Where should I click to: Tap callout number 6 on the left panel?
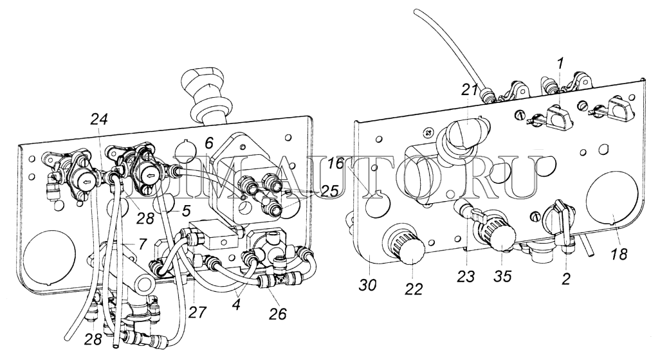coord(208,143)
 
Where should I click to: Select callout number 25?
coord(328,190)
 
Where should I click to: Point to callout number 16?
coord(336,163)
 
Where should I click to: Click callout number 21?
coord(470,91)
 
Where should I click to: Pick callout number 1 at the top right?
coord(560,64)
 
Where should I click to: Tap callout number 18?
coord(619,254)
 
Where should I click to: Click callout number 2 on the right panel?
coord(565,279)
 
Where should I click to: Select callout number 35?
coord(502,276)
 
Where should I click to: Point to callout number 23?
coord(466,276)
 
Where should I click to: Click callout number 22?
coord(413,289)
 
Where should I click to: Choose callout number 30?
coord(368,285)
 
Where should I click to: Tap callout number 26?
coord(278,314)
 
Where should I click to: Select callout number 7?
coord(143,244)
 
